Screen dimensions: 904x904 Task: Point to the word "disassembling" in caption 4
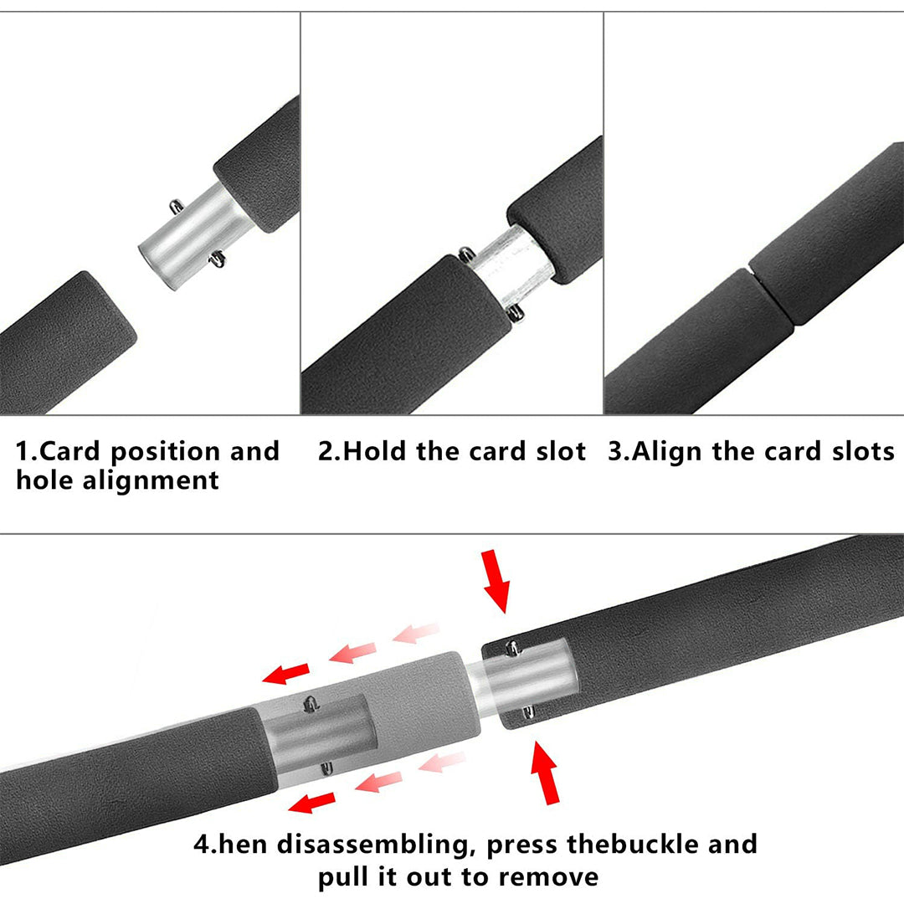click(372, 845)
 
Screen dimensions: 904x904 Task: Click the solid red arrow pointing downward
click(496, 581)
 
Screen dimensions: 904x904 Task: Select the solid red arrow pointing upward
click(545, 773)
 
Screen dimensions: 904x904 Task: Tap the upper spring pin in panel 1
click(177, 205)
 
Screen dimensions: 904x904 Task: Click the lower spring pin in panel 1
click(218, 259)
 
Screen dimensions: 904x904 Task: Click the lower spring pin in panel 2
click(515, 313)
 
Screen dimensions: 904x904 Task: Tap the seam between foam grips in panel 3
click(771, 296)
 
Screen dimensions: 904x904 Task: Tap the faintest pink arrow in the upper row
click(416, 633)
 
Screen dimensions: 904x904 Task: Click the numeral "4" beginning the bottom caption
click(203, 845)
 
